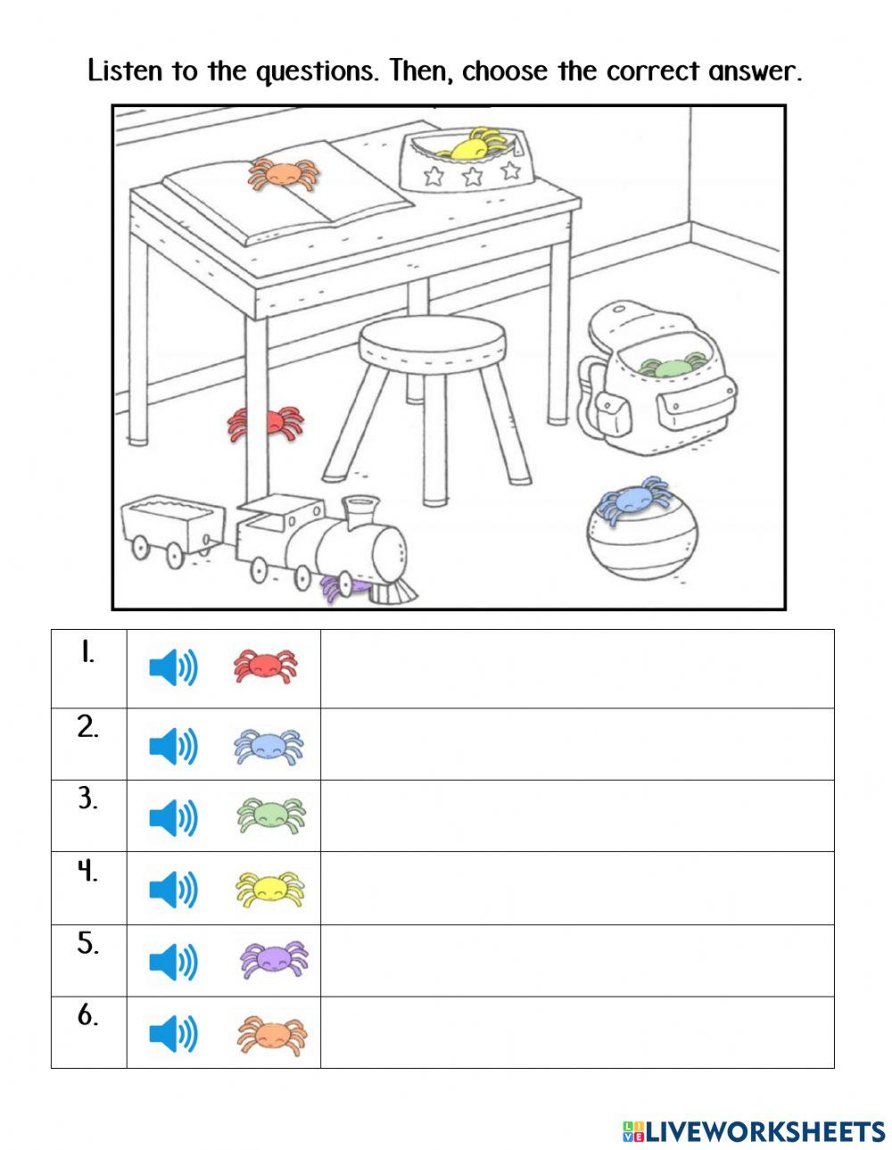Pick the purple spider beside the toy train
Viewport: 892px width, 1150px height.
343,586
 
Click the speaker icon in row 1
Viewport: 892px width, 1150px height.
173,667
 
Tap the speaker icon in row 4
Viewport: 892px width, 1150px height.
173,889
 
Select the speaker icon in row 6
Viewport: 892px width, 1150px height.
173,1034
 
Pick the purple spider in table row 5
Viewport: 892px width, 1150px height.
273,960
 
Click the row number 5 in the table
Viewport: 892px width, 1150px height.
87,944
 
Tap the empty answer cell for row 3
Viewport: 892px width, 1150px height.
576,815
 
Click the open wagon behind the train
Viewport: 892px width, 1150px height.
172,526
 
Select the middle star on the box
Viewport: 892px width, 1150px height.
472,176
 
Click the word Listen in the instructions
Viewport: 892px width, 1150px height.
126,70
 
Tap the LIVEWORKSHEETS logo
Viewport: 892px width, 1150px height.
754,1131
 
